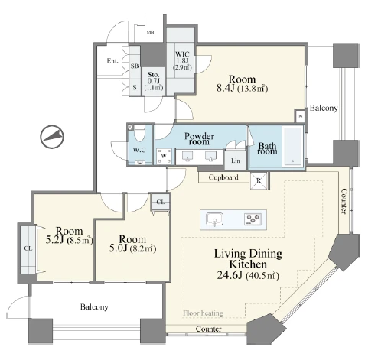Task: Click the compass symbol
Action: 52,137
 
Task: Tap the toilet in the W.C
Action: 139,132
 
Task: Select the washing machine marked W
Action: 164,156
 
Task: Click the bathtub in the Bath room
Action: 293,146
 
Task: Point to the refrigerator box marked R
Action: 259,180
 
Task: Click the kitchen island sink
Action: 214,220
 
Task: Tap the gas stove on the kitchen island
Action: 253,219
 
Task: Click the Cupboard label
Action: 223,177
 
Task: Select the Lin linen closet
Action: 236,161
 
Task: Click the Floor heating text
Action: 203,313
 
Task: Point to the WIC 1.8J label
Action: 182,57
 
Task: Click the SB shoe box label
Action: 135,66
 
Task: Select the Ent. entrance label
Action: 112,61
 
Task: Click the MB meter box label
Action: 150,32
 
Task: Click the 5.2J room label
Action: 70,235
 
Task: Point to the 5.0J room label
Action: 132,244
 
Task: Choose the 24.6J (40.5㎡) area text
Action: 248,275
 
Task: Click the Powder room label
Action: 199,139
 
